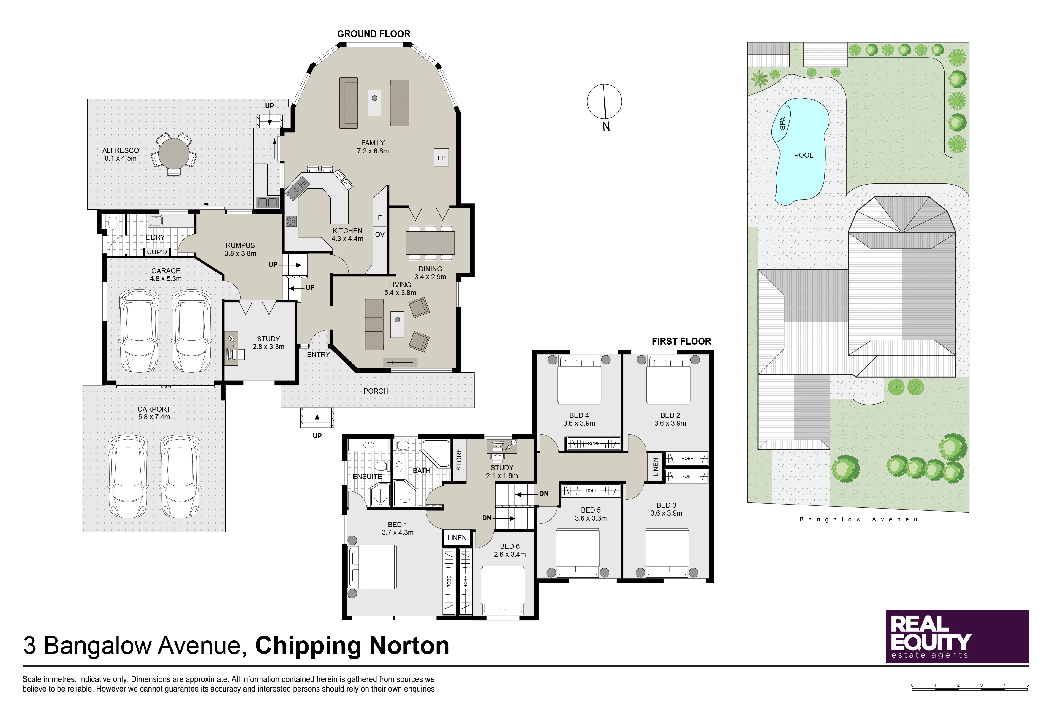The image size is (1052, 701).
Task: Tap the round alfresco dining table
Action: click(x=173, y=154)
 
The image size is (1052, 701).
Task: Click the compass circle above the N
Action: click(x=604, y=101)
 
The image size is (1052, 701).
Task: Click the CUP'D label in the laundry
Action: click(x=157, y=252)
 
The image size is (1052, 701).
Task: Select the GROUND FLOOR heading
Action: click(x=374, y=34)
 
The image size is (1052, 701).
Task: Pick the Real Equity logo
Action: click(x=957, y=636)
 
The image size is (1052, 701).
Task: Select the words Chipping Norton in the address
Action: click(x=352, y=646)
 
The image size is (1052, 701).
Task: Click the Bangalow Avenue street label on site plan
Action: click(x=858, y=519)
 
